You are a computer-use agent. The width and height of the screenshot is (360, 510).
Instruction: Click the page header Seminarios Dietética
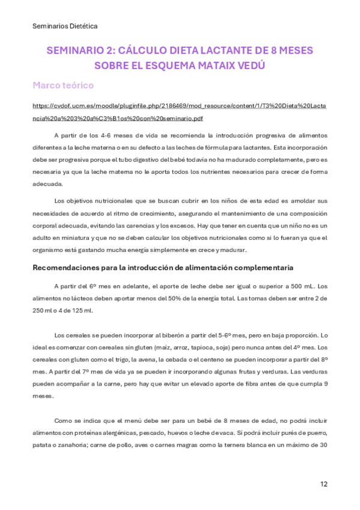(x=64, y=26)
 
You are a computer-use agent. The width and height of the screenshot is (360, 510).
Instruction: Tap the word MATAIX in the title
(x=218, y=64)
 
